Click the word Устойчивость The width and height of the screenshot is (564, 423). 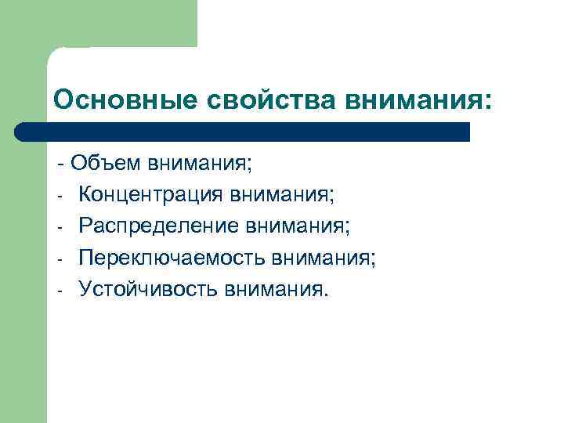click(x=148, y=290)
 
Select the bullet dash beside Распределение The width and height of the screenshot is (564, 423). click(x=59, y=228)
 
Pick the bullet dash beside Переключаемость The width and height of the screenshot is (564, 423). click(x=59, y=259)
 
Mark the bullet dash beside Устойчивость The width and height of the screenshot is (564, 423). click(x=59, y=291)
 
